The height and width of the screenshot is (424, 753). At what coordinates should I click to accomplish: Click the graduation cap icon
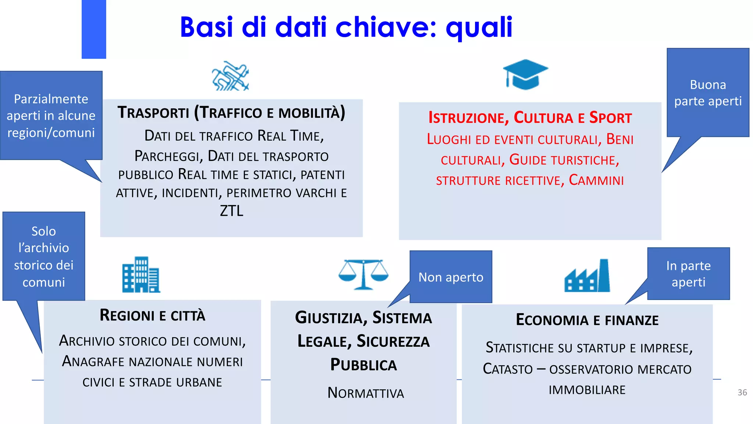tap(525, 75)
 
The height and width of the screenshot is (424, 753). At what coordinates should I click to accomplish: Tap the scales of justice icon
tap(363, 275)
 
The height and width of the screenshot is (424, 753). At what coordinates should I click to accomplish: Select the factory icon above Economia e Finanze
tap(587, 276)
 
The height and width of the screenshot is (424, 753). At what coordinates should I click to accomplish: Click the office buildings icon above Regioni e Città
tap(141, 275)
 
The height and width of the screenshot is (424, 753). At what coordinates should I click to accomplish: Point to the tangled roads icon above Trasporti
tap(231, 76)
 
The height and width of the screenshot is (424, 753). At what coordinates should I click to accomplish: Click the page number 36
tap(742, 392)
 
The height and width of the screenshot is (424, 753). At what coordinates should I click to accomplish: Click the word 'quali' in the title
tap(479, 27)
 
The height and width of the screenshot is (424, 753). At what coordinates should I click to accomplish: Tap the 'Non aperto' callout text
tap(451, 277)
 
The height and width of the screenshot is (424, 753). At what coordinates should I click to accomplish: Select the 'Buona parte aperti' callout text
tap(708, 93)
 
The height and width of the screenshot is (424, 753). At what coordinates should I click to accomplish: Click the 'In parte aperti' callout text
tap(688, 274)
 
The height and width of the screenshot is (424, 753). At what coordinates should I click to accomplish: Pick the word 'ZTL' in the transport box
tap(232, 211)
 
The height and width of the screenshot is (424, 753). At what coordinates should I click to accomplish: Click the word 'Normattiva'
tap(365, 393)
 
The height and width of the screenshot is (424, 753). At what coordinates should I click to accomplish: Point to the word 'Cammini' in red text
tap(596, 180)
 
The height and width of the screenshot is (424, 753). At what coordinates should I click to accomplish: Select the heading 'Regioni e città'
tap(152, 315)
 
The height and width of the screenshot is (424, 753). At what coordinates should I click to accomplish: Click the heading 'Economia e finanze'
tap(587, 320)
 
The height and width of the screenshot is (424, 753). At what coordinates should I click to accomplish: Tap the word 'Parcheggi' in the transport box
tap(168, 156)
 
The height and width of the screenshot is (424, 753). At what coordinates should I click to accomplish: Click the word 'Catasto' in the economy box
tap(507, 369)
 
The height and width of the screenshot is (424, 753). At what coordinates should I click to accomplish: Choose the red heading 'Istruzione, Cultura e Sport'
tap(530, 118)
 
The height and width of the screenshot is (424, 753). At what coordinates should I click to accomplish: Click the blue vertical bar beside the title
tap(94, 29)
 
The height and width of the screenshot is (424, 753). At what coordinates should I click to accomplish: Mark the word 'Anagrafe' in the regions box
tap(93, 361)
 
